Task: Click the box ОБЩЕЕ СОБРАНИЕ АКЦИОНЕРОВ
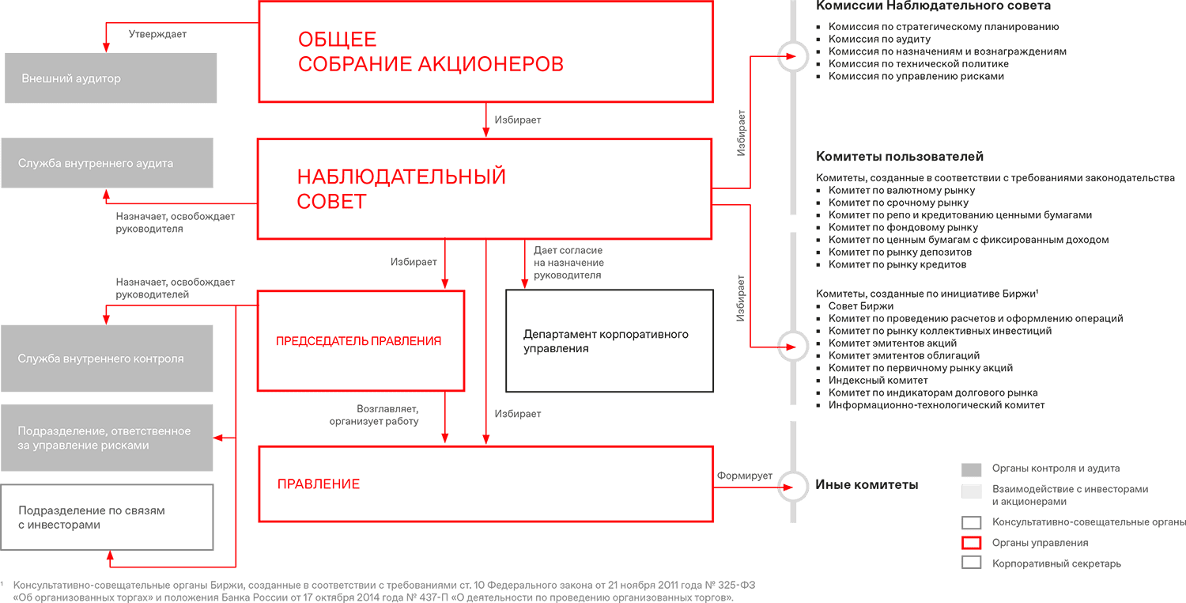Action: tap(485, 51)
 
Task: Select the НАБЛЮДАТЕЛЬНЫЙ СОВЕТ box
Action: tap(485, 188)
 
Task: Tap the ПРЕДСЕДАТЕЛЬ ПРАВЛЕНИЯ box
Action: tap(361, 341)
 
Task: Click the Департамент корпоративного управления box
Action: tap(609, 341)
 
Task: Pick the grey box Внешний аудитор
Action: tap(111, 78)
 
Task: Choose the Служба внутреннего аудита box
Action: tap(107, 163)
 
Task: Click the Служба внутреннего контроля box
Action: tap(107, 358)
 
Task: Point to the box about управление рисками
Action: tap(107, 438)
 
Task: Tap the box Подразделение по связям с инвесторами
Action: tap(107, 518)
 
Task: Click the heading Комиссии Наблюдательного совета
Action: tap(933, 6)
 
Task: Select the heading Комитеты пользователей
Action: tap(900, 157)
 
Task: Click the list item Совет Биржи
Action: tap(860, 306)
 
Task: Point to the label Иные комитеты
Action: tap(867, 484)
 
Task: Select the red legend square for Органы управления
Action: tap(971, 543)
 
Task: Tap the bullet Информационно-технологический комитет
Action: tap(936, 405)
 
